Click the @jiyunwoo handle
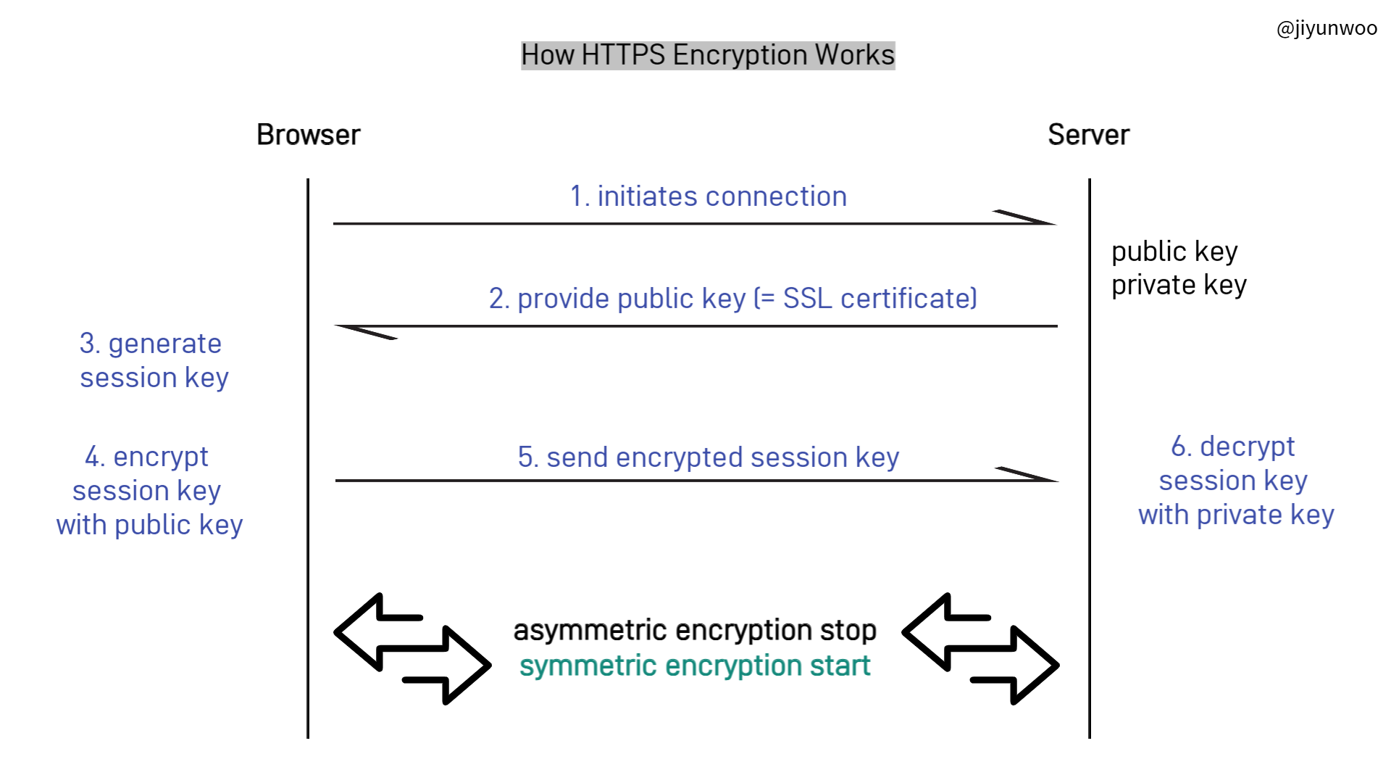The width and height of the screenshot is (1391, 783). pyautogui.click(x=1327, y=28)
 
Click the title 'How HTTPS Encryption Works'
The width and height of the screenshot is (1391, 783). pyautogui.click(x=708, y=55)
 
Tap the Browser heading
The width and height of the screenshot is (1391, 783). pyautogui.click(x=309, y=135)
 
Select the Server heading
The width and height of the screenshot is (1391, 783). pyautogui.click(x=1088, y=135)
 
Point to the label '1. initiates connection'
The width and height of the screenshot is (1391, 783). pyautogui.click(x=708, y=196)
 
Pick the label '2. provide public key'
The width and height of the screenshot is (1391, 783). pyautogui.click(x=617, y=299)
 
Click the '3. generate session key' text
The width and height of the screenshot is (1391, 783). pyautogui.click(x=153, y=360)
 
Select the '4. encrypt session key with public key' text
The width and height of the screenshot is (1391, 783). pyautogui.click(x=149, y=491)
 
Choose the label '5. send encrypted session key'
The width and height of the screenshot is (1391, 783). pyautogui.click(x=708, y=457)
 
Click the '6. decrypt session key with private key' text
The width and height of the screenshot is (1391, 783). pyautogui.click(x=1235, y=481)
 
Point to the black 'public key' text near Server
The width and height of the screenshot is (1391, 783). pyautogui.click(x=1174, y=252)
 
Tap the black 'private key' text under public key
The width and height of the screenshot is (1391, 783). pyautogui.click(x=1179, y=285)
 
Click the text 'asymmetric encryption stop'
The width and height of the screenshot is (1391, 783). pyautogui.click(x=695, y=630)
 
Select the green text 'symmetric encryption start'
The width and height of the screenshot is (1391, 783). pyautogui.click(x=695, y=666)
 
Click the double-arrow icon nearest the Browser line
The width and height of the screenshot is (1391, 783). pyautogui.click(x=412, y=649)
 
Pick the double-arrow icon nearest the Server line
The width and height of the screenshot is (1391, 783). pyautogui.click(x=980, y=649)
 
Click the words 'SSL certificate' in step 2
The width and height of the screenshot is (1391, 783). pyautogui.click(x=880, y=299)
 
